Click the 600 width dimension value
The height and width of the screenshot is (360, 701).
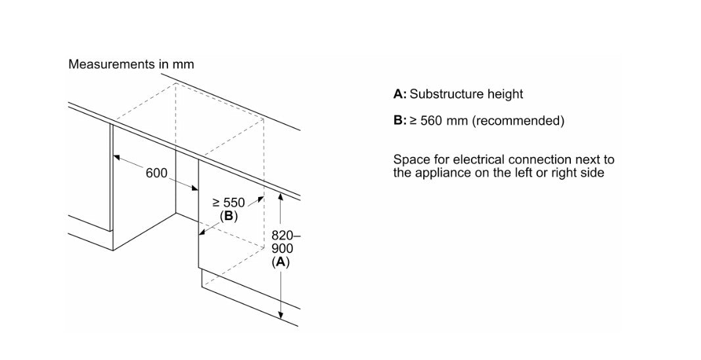156,173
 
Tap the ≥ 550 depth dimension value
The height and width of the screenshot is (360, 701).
229,203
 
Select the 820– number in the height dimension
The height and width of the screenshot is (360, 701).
286,236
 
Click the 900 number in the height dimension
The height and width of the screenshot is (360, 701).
282,248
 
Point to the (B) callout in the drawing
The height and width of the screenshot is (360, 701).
229,216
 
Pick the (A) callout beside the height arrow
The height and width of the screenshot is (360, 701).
281,262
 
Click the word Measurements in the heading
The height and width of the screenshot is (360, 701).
112,64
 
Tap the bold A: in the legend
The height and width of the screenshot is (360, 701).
400,94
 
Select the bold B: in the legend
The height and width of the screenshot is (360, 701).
400,120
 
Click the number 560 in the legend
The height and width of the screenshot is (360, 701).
431,121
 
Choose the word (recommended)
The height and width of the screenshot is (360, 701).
518,121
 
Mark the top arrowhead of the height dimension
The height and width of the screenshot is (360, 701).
281,196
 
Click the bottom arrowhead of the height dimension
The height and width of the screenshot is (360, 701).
281,315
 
